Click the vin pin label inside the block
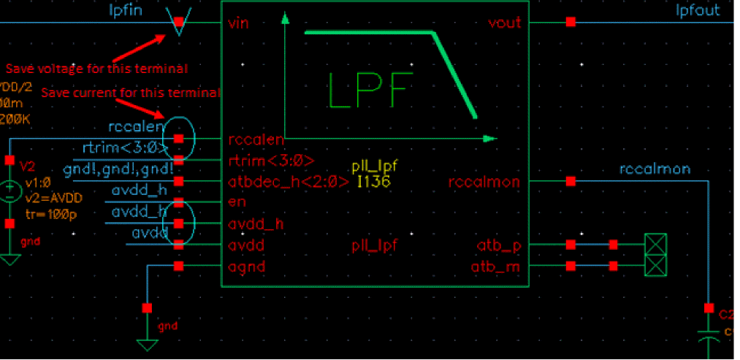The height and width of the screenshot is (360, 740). pos(238,23)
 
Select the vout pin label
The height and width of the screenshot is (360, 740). pos(504,23)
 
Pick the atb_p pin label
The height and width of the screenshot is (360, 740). pos(500,245)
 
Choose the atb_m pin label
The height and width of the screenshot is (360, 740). pos(499,266)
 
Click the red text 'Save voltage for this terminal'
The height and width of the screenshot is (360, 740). pos(96,69)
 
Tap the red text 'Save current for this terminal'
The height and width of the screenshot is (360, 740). pos(129,93)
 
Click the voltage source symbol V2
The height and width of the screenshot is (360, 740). pos(10,191)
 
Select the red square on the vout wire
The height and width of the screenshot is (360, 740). pos(571,23)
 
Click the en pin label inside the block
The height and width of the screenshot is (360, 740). pos(237,202)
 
